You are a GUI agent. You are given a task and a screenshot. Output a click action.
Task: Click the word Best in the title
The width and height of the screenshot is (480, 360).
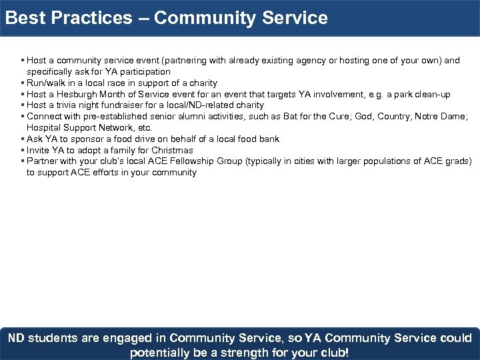tap(24, 18)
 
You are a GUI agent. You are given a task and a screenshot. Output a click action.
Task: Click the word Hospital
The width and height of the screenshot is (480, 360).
tap(44, 127)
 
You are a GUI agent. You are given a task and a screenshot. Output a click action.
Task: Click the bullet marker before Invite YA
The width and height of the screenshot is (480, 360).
tap(23, 150)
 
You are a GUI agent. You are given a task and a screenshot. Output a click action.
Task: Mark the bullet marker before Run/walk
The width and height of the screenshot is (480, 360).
tap(23, 83)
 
